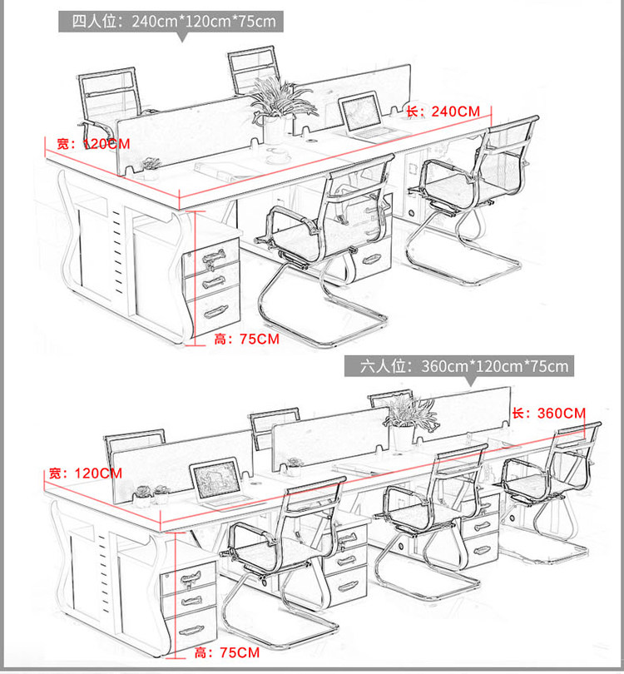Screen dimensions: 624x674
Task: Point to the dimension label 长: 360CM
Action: pos(548,413)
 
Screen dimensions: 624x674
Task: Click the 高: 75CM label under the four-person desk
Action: pos(246,339)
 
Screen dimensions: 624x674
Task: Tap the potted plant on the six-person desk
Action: pos(405,420)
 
